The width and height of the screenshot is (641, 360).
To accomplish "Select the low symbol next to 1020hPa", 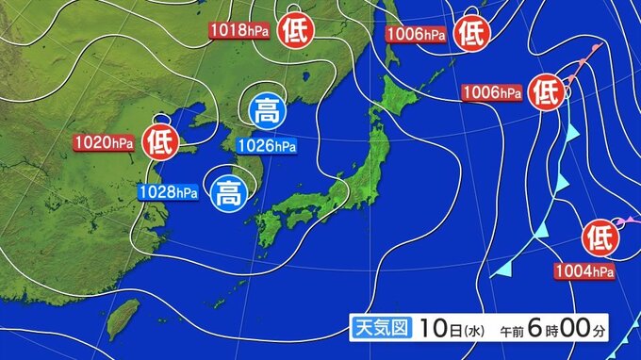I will point(160,143).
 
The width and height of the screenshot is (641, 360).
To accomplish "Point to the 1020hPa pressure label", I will point(104,143).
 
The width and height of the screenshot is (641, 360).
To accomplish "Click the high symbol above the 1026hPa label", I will point(267,111).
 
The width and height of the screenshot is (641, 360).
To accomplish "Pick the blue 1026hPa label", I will point(266,145).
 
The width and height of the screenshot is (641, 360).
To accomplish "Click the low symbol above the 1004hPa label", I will point(600,237).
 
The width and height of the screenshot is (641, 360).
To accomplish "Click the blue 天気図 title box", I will point(380,328).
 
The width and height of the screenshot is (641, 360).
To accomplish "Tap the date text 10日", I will point(437,328).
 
